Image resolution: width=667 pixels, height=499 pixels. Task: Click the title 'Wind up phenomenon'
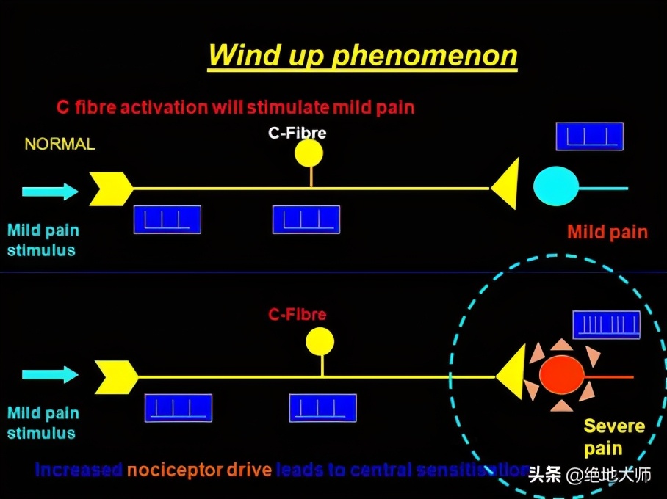(x=362, y=56)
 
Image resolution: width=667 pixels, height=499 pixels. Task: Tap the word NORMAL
(x=60, y=145)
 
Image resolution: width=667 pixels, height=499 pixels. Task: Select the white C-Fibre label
(x=296, y=134)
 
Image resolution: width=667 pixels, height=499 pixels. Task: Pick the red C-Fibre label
(x=297, y=315)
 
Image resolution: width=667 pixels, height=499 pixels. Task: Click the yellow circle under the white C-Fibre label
(x=309, y=153)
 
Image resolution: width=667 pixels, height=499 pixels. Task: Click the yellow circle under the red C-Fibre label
(x=320, y=341)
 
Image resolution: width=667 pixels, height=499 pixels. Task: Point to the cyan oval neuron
(x=555, y=187)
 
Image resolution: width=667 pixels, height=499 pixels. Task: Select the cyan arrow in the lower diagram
(x=50, y=374)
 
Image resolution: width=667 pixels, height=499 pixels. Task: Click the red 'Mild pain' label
(x=607, y=233)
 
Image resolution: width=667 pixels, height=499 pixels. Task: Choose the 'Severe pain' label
(x=614, y=437)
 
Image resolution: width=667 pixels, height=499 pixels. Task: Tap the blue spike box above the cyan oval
(x=589, y=136)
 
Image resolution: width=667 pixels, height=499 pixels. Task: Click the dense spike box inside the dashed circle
(x=606, y=325)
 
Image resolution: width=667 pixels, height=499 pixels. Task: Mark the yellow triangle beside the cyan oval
(x=507, y=183)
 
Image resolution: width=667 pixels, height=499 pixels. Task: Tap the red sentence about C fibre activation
(x=235, y=107)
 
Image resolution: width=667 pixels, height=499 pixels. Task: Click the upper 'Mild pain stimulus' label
(x=43, y=240)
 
